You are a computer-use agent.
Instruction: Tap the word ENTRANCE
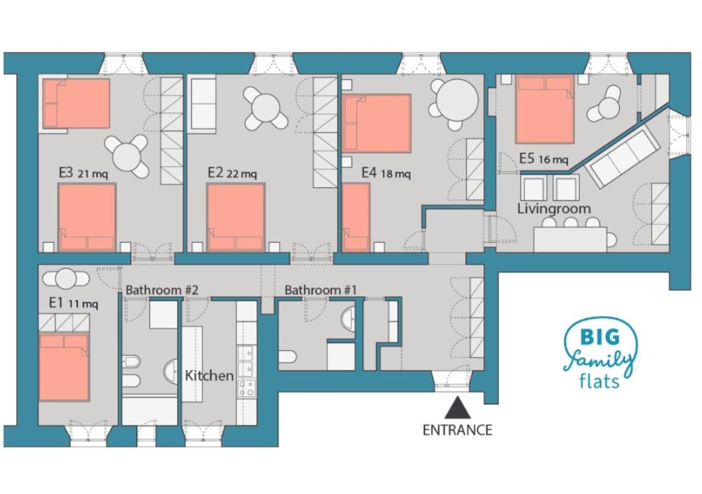coord(457,430)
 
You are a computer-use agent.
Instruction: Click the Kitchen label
coord(210,376)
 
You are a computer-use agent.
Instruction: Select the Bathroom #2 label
coord(162,290)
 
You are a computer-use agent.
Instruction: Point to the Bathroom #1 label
coord(321,290)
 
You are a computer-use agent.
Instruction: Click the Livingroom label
coord(554,209)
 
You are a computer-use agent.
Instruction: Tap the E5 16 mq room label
coord(544,159)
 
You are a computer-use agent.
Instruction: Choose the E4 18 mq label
coord(386,173)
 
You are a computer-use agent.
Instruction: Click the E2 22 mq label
coord(232,173)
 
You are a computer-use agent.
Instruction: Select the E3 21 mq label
coord(83,173)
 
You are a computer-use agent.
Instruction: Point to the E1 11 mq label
coord(73,303)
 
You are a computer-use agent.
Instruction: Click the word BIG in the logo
coord(600,337)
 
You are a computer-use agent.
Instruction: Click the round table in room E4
coord(457,100)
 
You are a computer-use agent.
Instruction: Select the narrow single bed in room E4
coord(356,218)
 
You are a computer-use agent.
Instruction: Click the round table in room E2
coord(265,108)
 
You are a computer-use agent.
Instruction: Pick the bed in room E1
coord(64,368)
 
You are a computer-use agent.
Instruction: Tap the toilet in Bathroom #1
coord(287,357)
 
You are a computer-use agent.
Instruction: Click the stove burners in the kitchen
coord(246,389)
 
